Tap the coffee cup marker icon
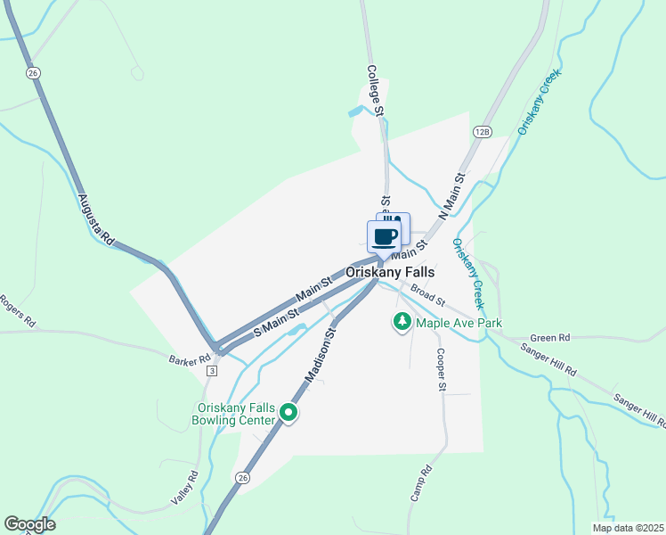point(384,237)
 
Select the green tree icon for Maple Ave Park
point(402,322)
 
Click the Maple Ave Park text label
point(459,323)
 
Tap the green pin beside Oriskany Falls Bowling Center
point(288,412)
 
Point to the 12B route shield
point(483,131)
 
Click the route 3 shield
point(211,370)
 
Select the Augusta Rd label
point(95,220)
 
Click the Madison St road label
point(319,355)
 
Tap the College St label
point(375,91)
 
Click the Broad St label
point(427,293)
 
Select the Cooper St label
point(440,369)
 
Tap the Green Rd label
point(549,338)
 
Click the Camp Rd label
point(420,483)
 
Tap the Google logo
point(29,524)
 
